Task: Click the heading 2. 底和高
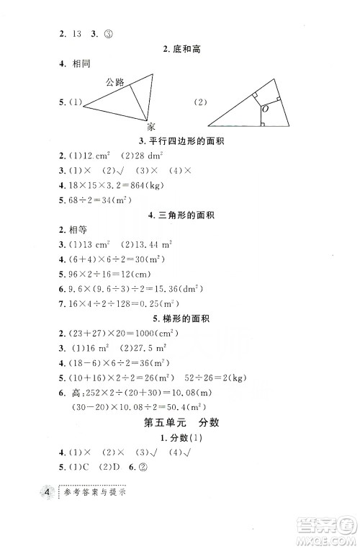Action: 180,49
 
